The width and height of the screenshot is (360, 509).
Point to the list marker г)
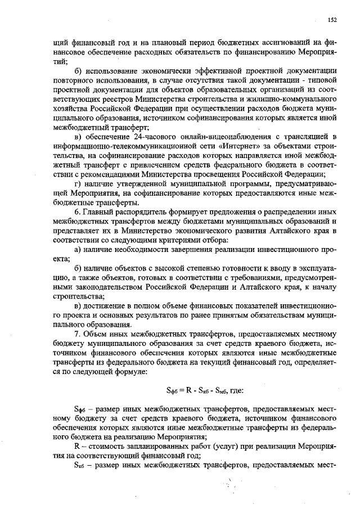pyautogui.click(x=78, y=184)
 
